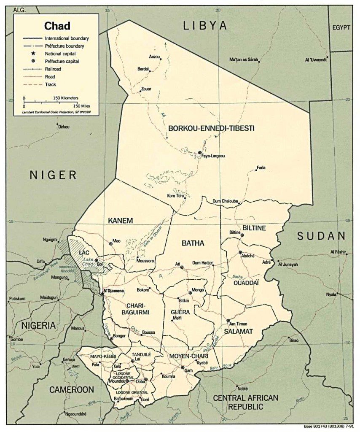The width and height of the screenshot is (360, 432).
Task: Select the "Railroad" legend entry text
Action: (53, 69)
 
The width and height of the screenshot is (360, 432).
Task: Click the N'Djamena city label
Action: (115, 291)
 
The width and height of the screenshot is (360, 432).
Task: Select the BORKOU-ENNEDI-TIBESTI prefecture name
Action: (211, 128)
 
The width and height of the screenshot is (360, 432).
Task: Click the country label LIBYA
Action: (204, 26)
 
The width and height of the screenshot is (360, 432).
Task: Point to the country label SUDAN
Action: (321, 236)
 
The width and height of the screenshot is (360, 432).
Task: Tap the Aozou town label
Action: (155, 57)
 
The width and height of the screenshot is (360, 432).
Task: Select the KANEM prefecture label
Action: (120, 221)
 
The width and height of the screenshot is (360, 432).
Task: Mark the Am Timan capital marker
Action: (228, 321)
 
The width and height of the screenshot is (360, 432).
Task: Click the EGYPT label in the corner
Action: (341, 27)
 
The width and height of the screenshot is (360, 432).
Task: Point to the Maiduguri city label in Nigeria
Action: (48, 297)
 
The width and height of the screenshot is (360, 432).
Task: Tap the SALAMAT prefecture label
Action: (238, 332)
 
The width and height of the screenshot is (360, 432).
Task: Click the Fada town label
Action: (261, 168)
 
